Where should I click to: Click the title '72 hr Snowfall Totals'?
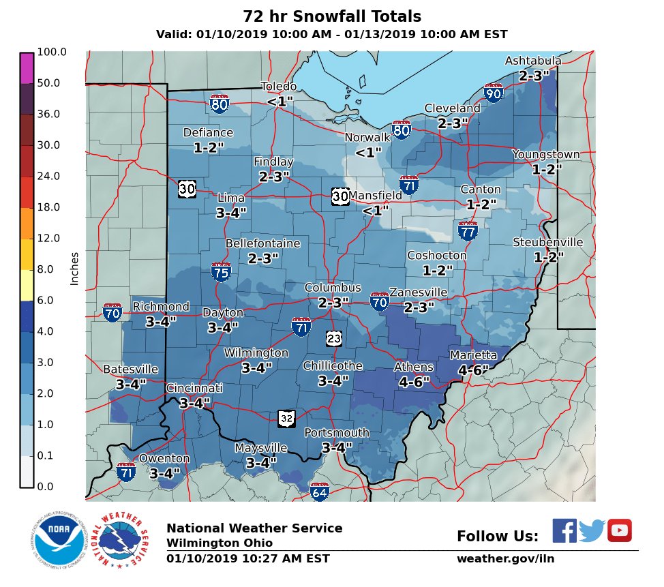(x=331, y=16)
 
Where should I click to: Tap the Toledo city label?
(x=279, y=87)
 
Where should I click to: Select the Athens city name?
(x=413, y=367)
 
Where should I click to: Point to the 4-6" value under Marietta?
(x=474, y=370)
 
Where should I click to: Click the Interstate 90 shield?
(x=493, y=93)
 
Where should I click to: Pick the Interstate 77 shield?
(x=468, y=230)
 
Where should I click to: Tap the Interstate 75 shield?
(x=220, y=271)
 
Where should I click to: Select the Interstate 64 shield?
(x=319, y=491)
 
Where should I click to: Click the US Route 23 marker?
(x=333, y=338)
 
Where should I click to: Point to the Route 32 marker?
(x=287, y=417)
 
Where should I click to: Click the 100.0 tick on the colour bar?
(x=52, y=52)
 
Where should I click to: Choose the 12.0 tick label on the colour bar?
(x=49, y=238)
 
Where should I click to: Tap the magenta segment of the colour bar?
(x=27, y=68)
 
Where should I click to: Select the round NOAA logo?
(x=57, y=541)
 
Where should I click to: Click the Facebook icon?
(x=564, y=530)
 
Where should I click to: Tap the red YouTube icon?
(x=620, y=530)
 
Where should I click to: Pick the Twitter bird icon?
(x=592, y=530)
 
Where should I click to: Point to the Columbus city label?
(x=333, y=288)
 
